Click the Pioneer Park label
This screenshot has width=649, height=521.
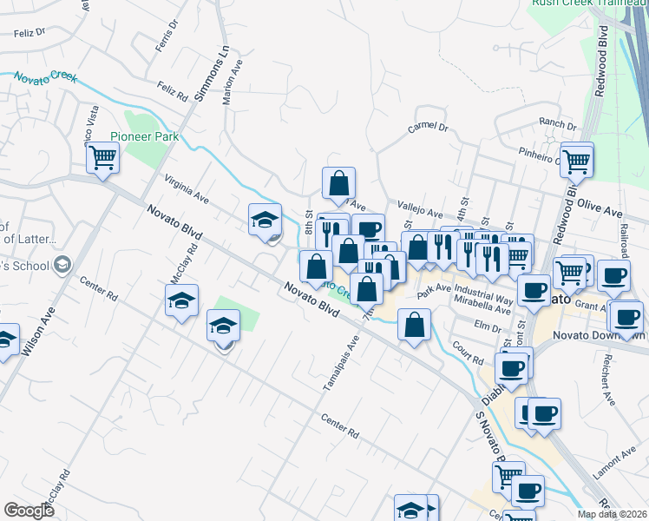143,136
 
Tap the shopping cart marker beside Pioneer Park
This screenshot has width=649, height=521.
102,159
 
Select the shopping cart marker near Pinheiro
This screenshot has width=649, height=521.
576,160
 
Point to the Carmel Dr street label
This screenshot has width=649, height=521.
428,128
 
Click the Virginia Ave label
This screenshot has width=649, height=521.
187,188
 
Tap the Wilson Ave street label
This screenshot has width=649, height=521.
39,332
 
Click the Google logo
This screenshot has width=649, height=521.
29,511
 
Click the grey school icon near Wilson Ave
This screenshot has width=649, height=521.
62,263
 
